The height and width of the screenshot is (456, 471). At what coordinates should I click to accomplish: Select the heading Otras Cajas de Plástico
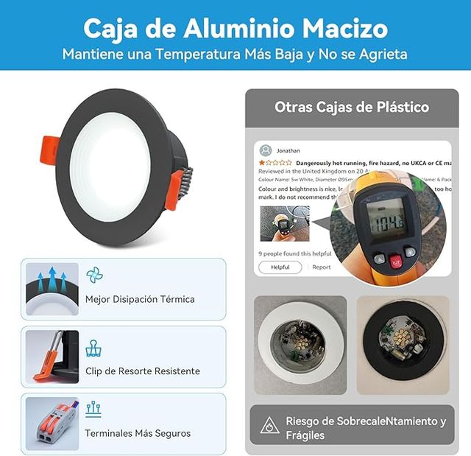[x=352, y=107]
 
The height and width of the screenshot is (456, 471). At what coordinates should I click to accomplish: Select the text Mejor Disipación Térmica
[x=140, y=299]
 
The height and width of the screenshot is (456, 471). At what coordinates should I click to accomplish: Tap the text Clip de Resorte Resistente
[x=142, y=371]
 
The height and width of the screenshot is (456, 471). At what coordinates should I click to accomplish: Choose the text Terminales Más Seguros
[x=138, y=433]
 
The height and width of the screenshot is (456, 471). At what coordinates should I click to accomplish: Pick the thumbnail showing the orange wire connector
[x=52, y=424]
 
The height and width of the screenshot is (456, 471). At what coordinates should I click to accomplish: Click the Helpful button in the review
[x=280, y=267]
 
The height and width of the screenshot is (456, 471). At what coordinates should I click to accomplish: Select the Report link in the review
[x=322, y=267]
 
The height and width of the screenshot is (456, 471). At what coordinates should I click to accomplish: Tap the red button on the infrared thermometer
[x=395, y=261]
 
